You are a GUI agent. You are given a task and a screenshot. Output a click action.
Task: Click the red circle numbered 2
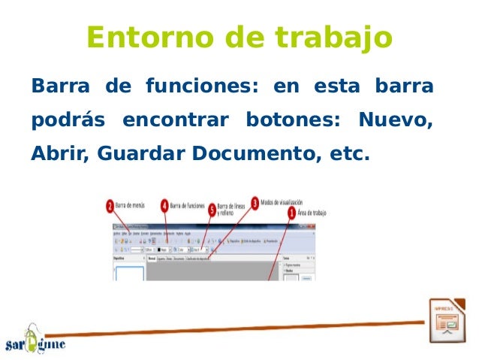[x=110, y=207]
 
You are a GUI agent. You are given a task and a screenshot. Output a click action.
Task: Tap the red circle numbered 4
[x=164, y=204]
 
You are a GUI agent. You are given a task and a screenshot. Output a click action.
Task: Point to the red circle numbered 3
[x=255, y=203]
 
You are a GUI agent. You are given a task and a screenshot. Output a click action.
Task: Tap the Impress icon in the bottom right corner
[x=447, y=322]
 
